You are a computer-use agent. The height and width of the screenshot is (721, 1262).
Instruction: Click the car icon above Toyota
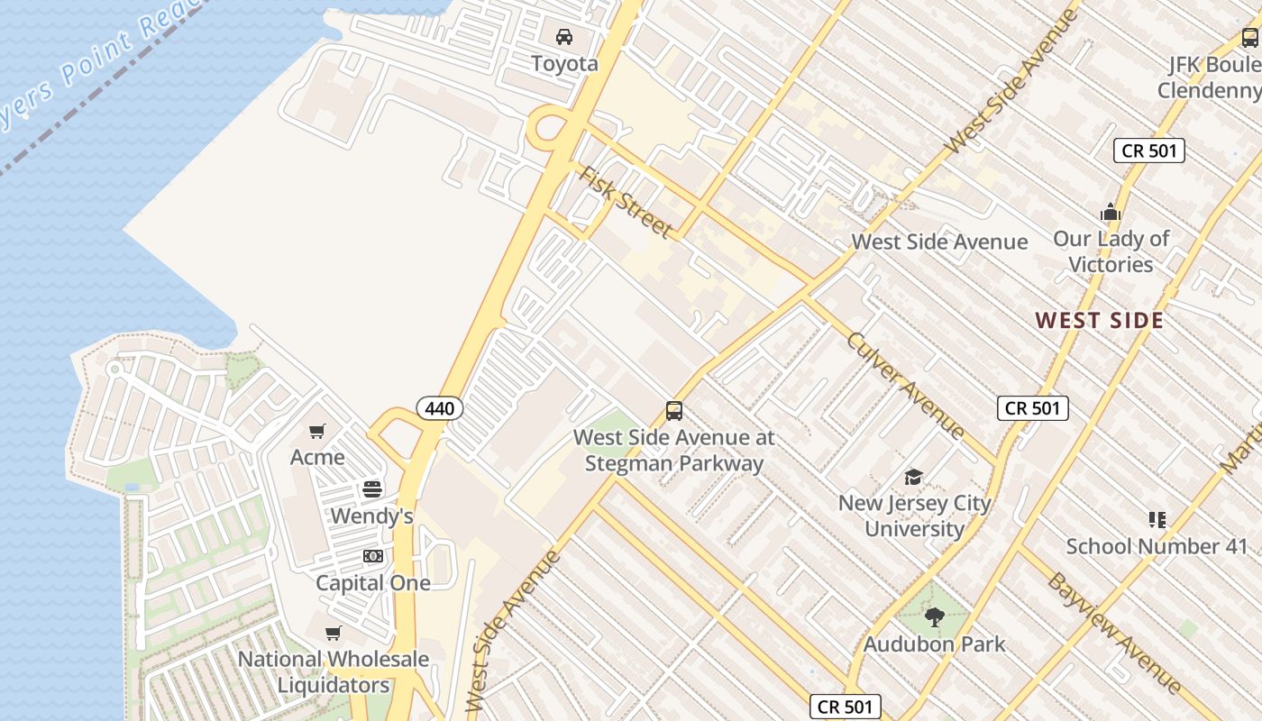pos(564,37)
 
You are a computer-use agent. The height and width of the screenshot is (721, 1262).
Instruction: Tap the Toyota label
pos(564,64)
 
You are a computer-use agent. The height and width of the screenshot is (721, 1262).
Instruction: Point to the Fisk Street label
pos(626,202)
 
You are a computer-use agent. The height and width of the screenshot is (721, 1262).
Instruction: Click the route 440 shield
pos(440,408)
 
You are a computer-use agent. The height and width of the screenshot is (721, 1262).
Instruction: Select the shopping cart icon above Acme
pos(316,432)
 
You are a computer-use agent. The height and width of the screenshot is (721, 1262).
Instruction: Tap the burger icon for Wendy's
pos(372,489)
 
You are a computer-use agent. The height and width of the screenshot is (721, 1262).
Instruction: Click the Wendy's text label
pos(372,516)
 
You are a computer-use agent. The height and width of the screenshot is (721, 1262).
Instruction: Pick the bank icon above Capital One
pos(372,556)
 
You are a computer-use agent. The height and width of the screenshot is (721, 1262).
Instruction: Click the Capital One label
pos(372,583)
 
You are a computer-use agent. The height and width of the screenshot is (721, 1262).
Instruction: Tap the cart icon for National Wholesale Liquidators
pos(334,634)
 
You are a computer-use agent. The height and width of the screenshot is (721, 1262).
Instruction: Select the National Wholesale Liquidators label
pos(334,672)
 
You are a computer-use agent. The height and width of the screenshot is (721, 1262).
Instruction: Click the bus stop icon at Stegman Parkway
pos(674,411)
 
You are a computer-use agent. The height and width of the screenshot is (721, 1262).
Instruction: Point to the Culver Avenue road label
pos(906,385)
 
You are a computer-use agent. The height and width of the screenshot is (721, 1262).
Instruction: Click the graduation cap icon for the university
pos(914,477)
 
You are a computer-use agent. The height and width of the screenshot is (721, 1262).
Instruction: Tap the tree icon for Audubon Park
pos(934,617)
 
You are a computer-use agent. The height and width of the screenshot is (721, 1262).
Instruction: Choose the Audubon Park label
pos(934,644)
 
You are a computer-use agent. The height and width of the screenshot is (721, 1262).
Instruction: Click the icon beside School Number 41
pos(1157,519)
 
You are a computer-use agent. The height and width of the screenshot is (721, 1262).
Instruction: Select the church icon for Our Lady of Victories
pos(1111,213)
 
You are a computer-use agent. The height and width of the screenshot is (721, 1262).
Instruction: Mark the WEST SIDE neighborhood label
pos(1099,320)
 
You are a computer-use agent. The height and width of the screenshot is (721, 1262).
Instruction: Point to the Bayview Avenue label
pos(1113,632)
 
